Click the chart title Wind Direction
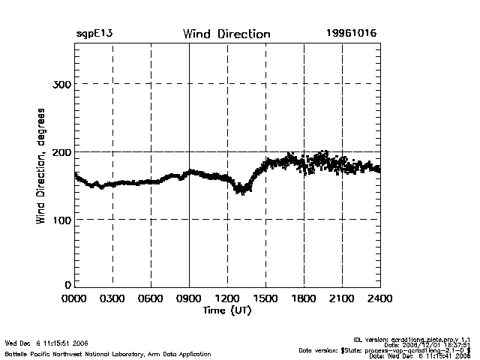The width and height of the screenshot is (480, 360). point(226,34)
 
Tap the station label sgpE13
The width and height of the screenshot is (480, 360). point(94,34)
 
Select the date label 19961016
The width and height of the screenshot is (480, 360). point(351,34)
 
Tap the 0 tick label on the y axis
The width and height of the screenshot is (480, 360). point(67,286)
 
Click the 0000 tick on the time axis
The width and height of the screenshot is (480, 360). point(75,298)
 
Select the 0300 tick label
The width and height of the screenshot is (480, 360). point(112,298)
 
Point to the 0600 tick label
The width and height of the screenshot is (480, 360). point(151,298)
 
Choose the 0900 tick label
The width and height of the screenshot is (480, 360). point(189,298)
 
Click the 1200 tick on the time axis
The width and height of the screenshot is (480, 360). point(227,298)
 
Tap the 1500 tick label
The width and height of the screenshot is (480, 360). point(265,298)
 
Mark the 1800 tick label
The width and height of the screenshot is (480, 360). point(304,298)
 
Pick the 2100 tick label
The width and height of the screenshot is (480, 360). point(342,298)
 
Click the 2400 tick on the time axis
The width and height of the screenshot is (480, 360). point(379,298)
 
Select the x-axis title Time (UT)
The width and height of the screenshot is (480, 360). point(226,310)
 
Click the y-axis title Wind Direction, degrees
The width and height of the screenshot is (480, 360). point(41,166)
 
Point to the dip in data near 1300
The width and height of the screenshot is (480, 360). point(241,189)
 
